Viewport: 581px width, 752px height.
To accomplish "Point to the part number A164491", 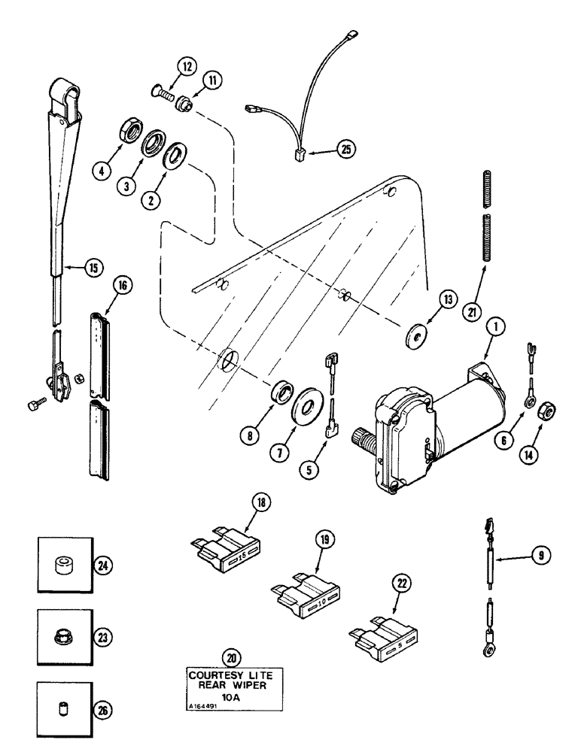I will pyautogui.click(x=202, y=705).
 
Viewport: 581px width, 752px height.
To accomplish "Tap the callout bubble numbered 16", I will pyautogui.click(x=123, y=285).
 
